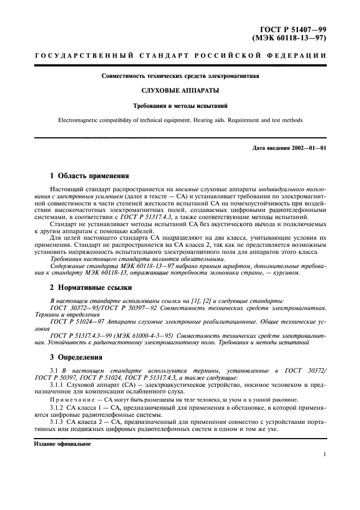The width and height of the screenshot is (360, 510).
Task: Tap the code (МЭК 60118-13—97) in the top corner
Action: [290, 39]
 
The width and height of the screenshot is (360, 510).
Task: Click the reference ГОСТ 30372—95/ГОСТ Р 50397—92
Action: [101, 308]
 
